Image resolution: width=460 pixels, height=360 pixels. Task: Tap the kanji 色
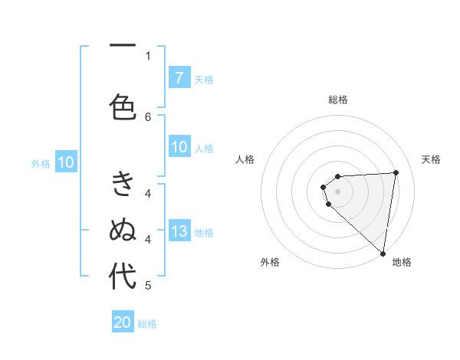[123, 106]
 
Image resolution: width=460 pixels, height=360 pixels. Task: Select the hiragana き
[123, 185]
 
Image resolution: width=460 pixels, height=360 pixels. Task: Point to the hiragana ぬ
[123, 230]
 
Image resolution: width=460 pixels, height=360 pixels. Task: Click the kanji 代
[123, 276]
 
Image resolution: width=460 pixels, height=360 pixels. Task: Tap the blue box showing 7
[179, 78]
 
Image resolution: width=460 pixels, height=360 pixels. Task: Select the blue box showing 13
[179, 232]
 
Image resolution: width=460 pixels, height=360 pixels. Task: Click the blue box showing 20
[123, 322]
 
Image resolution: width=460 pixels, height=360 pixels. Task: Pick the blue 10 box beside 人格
[179, 148]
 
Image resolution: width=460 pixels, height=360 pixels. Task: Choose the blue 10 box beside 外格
[66, 162]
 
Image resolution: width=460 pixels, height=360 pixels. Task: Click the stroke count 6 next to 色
[148, 116]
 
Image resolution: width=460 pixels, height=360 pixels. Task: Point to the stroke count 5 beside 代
[148, 286]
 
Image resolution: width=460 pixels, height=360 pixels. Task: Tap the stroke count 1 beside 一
[148, 54]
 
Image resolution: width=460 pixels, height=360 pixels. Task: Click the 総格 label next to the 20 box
[147, 324]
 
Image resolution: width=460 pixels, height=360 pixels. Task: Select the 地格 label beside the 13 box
[204, 233]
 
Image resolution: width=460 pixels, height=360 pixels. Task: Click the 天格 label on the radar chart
[431, 159]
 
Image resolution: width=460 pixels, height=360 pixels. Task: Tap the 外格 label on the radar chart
[270, 262]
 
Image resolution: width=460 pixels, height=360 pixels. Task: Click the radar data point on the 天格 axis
[396, 172]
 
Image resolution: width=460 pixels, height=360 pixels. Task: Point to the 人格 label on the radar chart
[245, 159]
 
